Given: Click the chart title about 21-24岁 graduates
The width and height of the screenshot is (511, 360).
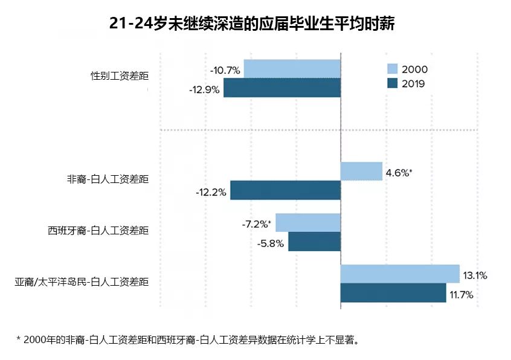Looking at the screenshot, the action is pyautogui.click(x=252, y=24).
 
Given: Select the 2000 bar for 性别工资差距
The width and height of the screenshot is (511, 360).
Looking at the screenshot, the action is pyautogui.click(x=292, y=69).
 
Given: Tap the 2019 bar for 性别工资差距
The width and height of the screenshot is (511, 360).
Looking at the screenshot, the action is pyautogui.click(x=282, y=88).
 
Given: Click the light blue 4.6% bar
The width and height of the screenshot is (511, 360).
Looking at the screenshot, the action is pyautogui.click(x=361, y=172).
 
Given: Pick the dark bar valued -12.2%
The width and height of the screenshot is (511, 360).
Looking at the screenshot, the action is pyautogui.click(x=286, y=190).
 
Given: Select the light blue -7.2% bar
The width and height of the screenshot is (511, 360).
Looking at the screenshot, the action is pyautogui.click(x=308, y=222).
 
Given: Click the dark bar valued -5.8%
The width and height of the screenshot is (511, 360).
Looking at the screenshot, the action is pyautogui.click(x=315, y=242).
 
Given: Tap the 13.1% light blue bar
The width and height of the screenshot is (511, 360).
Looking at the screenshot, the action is pyautogui.click(x=400, y=274).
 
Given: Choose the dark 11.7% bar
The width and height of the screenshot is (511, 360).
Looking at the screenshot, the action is pyautogui.click(x=393, y=293).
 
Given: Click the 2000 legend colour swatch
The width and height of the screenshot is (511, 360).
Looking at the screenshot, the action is pyautogui.click(x=393, y=69).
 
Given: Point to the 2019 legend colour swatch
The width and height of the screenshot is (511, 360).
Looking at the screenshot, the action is pyautogui.click(x=393, y=83).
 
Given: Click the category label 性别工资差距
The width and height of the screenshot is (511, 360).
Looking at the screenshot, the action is pyautogui.click(x=120, y=76).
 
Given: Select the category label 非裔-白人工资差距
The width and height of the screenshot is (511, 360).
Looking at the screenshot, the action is pyautogui.click(x=108, y=179).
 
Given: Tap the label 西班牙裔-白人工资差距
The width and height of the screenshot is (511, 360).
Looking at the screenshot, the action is pyautogui.click(x=98, y=231).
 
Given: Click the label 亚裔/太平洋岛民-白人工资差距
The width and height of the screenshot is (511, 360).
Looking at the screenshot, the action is pyautogui.click(x=82, y=282).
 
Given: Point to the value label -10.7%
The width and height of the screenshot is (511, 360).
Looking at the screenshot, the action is pyautogui.click(x=225, y=71).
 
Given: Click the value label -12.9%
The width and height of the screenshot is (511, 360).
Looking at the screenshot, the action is pyautogui.click(x=204, y=89).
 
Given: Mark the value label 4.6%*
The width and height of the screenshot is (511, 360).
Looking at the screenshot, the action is pyautogui.click(x=399, y=173).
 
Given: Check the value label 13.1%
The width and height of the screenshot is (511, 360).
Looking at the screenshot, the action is pyautogui.click(x=475, y=275).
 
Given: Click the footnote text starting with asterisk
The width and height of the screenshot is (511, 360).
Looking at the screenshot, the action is pyautogui.click(x=188, y=340).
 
